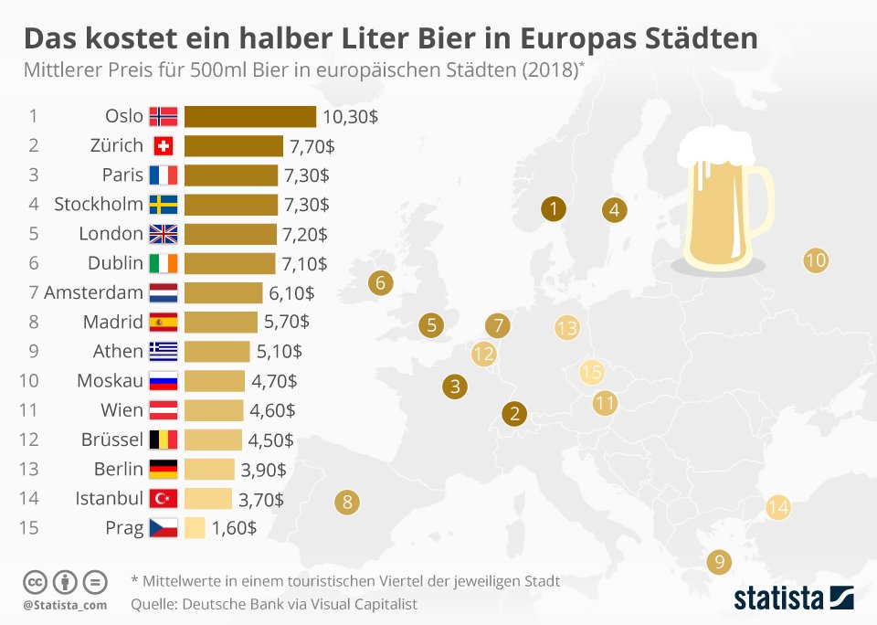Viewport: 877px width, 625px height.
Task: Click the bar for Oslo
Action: [x=249, y=116]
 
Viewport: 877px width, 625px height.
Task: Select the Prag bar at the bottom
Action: [x=195, y=527]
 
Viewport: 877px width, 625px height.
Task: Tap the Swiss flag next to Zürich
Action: [x=164, y=145]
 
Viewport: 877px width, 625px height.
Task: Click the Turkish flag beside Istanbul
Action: [x=164, y=498]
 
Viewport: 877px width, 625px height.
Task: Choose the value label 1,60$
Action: [x=233, y=527]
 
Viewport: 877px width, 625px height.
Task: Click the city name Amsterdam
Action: [x=93, y=292]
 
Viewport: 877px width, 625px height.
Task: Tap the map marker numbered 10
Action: [x=815, y=260]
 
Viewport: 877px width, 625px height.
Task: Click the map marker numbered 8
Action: [x=346, y=502]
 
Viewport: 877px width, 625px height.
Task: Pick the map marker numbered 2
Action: [x=515, y=414]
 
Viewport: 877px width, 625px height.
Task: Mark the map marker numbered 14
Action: [x=777, y=507]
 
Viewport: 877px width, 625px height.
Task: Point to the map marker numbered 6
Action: [x=381, y=283]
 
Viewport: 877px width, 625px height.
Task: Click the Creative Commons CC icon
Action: [x=35, y=581]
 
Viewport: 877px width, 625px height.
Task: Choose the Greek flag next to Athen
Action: [x=164, y=351]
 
